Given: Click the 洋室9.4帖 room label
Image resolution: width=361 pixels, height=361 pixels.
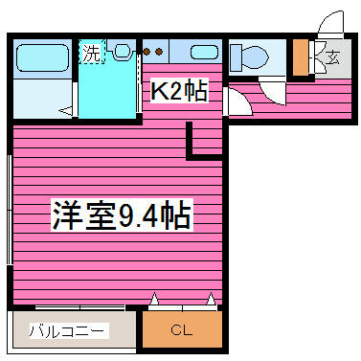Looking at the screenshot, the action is coord(123,215).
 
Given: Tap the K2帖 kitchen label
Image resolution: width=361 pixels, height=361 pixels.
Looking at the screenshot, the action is coord(179,90).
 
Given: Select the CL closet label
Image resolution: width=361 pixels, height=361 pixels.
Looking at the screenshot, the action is coord(182,330).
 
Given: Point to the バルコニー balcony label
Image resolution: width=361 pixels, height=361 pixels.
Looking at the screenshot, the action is coord(67,330).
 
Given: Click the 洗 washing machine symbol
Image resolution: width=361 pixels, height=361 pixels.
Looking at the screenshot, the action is coord(92,53).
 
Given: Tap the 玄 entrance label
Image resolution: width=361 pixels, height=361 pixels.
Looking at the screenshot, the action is coord(332,57).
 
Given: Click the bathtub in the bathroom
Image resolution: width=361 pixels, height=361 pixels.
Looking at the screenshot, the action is coord(42,57).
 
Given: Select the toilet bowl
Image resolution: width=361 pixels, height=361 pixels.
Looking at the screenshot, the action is coord(256,58).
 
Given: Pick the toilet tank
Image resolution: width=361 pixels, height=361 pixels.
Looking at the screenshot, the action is coord(236,57).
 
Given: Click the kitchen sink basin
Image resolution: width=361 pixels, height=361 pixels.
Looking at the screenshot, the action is coord(205,52).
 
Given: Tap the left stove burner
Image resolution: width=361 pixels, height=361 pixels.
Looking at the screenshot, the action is coord(147,52).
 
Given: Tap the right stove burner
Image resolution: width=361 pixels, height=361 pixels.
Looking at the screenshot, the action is coord(159,52).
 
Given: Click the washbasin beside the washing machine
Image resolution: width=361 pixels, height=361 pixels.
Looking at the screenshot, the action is coord(122,51).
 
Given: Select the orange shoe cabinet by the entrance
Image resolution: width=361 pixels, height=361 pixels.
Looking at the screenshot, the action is coord(301,57).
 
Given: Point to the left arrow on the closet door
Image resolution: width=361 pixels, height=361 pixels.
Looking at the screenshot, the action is coord(154,299).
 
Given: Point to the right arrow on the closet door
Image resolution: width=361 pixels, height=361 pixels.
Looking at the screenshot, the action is coord(211,299).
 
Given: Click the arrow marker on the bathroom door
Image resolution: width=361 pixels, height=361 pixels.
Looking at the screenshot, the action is coord(66,111).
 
